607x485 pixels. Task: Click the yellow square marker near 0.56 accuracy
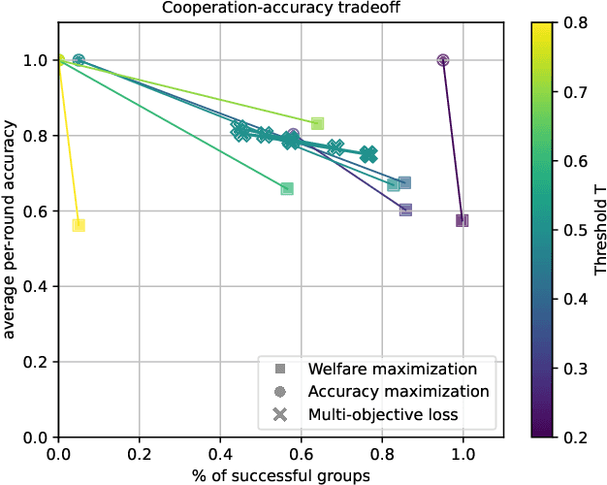pos(79,225)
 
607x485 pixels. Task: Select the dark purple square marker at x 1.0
pos(463,221)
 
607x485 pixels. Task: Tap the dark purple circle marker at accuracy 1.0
pos(443,60)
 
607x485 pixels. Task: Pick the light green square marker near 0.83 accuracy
pos(317,123)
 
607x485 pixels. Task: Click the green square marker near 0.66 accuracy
pos(287,188)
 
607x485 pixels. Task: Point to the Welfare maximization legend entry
pos(392,369)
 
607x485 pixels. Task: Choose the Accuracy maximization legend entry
pos(398,392)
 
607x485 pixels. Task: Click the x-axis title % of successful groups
pos(280,474)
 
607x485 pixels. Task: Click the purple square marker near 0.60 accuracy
pos(405,210)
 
